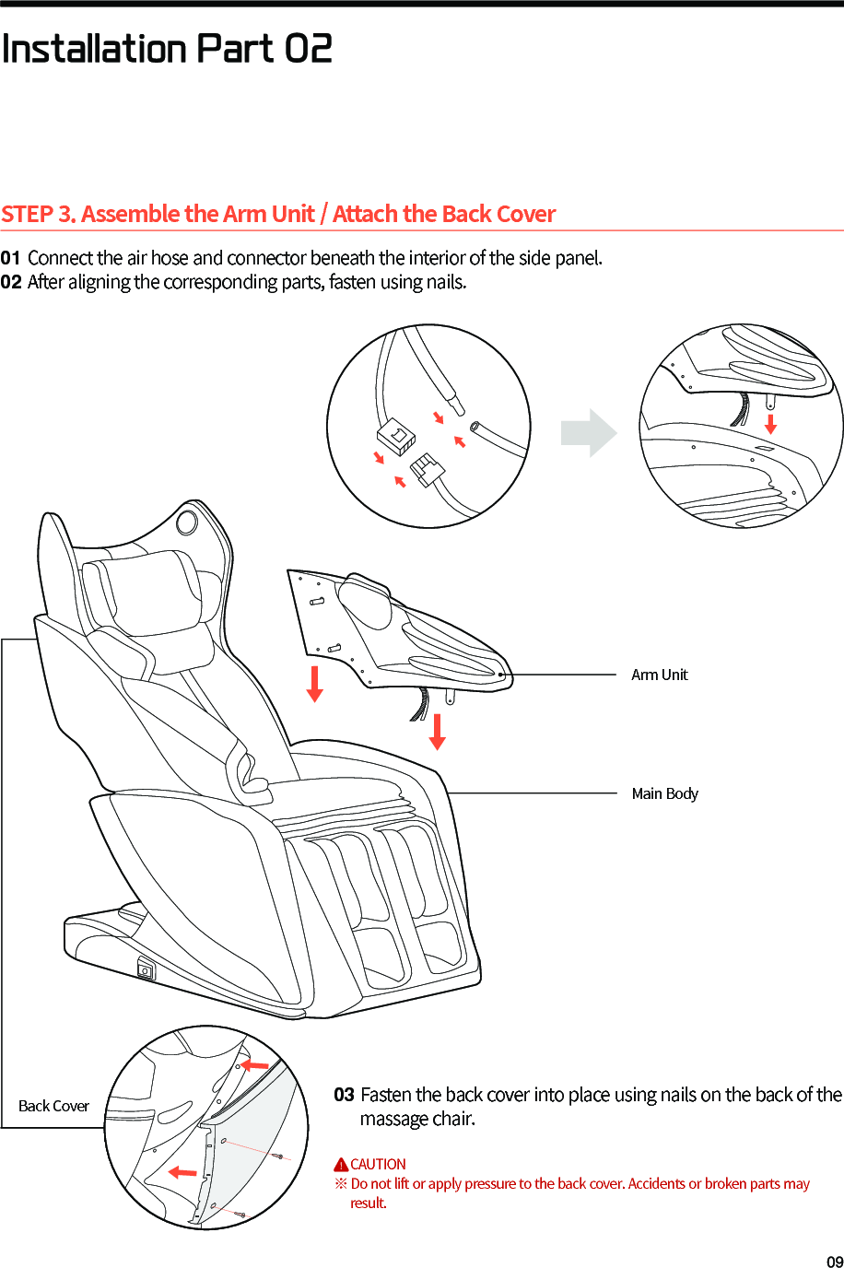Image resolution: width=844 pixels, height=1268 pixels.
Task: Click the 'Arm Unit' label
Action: tap(659, 675)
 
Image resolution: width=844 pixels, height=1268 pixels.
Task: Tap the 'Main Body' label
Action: tap(664, 793)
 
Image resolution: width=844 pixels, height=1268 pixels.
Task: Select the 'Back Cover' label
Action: tap(53, 1106)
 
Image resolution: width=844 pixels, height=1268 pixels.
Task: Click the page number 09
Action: tap(834, 1262)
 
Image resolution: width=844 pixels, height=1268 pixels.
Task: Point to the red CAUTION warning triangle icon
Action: tap(341, 1165)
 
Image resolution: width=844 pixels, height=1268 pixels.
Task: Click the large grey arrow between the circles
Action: tap(589, 432)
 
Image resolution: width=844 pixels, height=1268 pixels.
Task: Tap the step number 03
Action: tap(344, 1095)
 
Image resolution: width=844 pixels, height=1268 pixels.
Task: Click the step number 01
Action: tap(10, 258)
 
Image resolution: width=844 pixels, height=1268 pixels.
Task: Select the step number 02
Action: tap(11, 282)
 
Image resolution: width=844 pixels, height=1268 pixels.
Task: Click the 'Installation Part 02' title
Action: tap(167, 48)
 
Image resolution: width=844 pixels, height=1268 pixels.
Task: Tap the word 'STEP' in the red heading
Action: tap(27, 214)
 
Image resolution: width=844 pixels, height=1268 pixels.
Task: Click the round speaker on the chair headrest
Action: tap(186, 522)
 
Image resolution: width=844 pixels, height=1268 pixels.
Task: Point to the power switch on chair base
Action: tap(146, 970)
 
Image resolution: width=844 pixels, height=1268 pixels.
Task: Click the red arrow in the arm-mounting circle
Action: tap(770, 424)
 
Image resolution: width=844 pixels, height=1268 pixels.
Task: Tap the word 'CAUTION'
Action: tap(378, 1165)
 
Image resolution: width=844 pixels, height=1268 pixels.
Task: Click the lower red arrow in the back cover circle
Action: tap(182, 1172)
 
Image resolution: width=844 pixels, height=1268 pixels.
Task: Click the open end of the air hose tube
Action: tap(475, 427)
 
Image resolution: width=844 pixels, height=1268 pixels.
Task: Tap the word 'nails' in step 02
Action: tap(445, 282)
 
